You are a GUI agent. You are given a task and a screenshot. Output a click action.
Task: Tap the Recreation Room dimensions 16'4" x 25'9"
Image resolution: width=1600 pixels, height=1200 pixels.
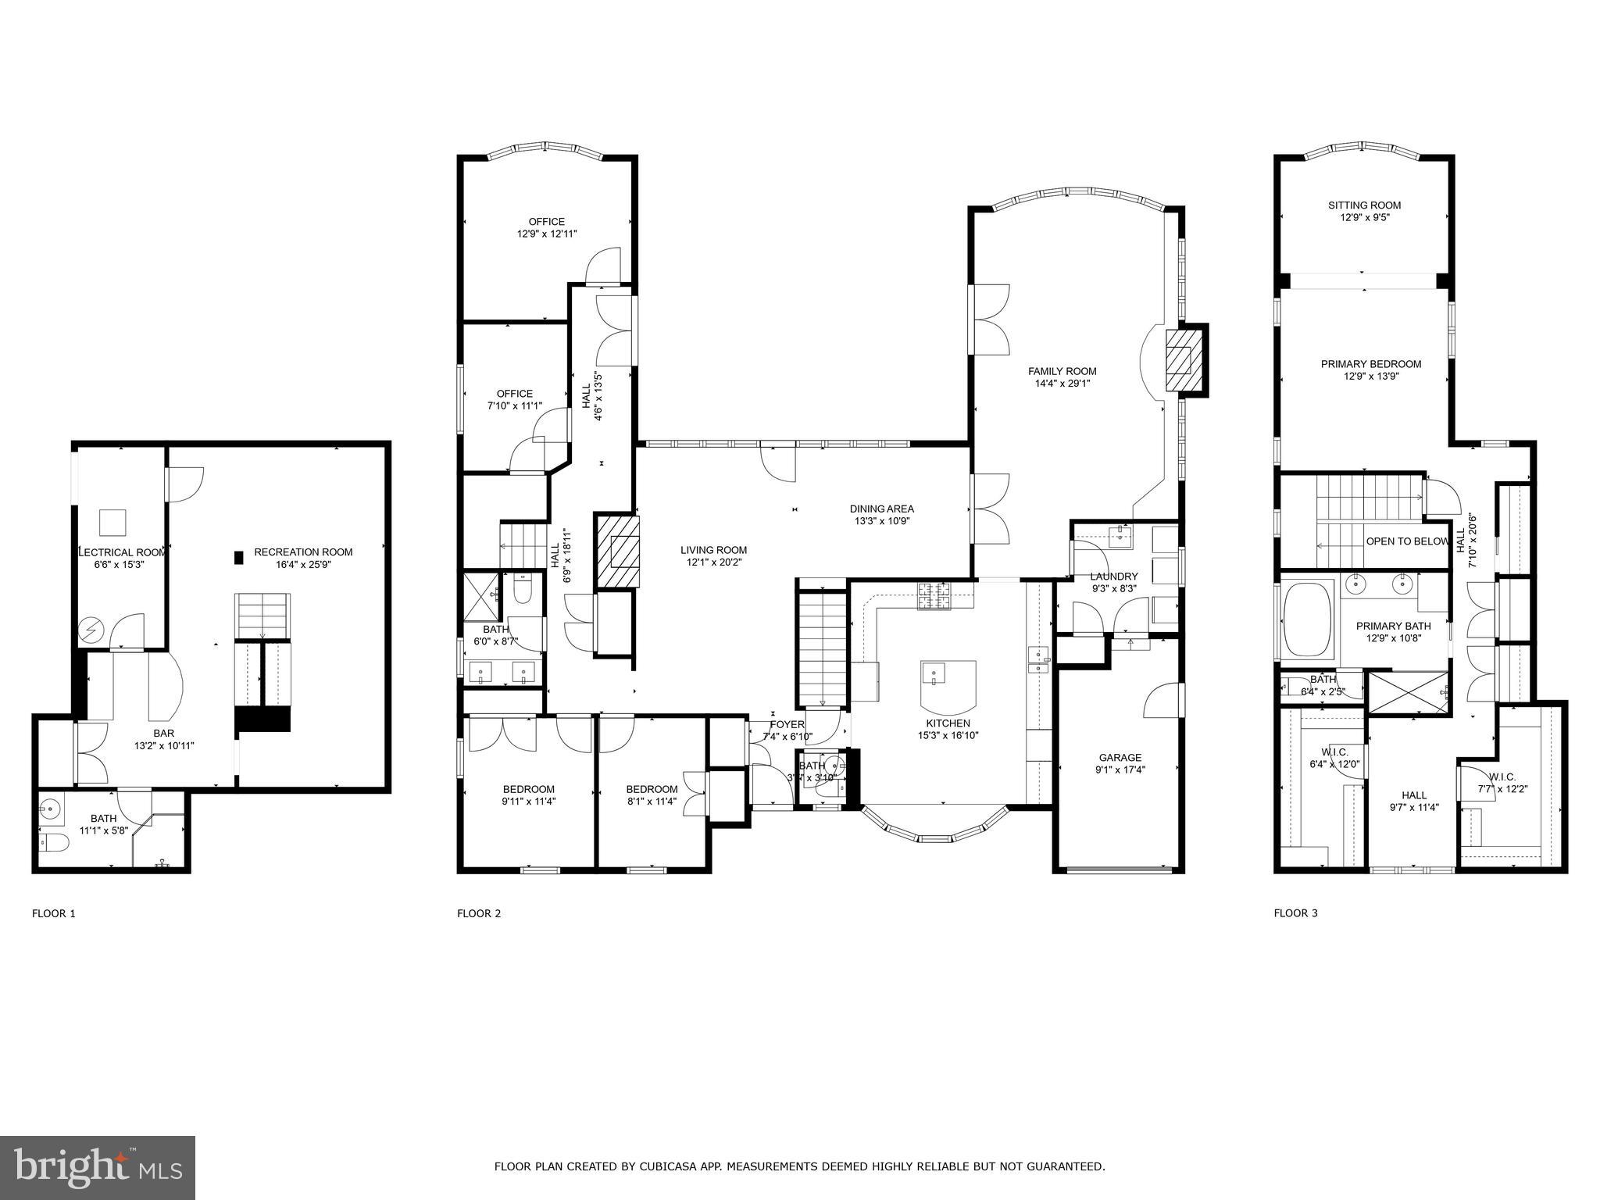pyautogui.click(x=303, y=564)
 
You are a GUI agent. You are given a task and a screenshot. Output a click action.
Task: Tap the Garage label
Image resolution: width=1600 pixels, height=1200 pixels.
pyautogui.click(x=1120, y=757)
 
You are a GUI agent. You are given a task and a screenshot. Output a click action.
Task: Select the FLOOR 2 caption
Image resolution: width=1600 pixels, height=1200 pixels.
pyautogui.click(x=479, y=913)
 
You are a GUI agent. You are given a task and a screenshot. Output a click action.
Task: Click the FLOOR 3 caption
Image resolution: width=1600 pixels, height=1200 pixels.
pyautogui.click(x=1295, y=912)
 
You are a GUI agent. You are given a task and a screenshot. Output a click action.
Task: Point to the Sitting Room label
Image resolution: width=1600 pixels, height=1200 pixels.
pyautogui.click(x=1364, y=205)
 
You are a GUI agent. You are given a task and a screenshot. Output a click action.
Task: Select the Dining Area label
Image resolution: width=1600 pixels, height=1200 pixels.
pyautogui.click(x=881, y=509)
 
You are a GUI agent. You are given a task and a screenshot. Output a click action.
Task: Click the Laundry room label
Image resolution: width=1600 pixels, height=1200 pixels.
pyautogui.click(x=1113, y=577)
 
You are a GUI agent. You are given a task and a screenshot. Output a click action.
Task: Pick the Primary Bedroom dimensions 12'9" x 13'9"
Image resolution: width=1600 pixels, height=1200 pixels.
pyautogui.click(x=1370, y=376)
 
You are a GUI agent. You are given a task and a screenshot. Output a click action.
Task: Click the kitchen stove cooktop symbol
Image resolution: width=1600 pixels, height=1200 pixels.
pyautogui.click(x=934, y=597)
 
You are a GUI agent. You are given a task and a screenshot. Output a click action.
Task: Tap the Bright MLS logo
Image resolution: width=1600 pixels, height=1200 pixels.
pyautogui.click(x=98, y=1167)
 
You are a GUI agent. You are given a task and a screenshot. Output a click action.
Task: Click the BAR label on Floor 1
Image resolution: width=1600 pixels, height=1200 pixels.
pyautogui.click(x=163, y=733)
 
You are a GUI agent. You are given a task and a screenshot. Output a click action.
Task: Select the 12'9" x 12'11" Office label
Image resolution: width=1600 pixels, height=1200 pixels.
pyautogui.click(x=546, y=234)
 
